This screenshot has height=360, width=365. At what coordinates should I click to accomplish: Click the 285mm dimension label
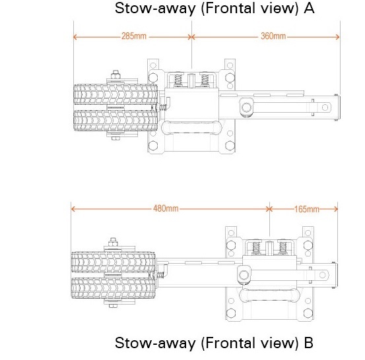click(134, 36)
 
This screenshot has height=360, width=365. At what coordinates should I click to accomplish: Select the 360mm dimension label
click(273, 36)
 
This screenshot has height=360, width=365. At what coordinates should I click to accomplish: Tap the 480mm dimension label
click(166, 208)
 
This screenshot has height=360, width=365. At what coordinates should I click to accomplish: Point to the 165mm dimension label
click(307, 209)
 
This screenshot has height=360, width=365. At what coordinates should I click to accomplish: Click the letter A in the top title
click(309, 9)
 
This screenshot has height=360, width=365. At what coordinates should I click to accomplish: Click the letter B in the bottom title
click(309, 343)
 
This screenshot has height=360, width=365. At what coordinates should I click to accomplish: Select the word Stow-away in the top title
click(155, 9)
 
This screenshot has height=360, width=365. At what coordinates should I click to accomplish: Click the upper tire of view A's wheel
click(116, 94)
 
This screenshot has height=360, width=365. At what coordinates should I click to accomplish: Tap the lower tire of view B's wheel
click(113, 288)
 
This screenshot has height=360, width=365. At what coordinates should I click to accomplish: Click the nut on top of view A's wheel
click(116, 75)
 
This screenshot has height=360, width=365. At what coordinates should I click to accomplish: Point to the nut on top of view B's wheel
click(113, 243)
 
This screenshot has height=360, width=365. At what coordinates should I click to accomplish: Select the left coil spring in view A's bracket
click(178, 80)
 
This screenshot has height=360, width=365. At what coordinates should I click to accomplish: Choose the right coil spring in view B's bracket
click(283, 247)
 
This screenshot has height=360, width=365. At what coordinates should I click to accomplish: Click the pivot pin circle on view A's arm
click(246, 107)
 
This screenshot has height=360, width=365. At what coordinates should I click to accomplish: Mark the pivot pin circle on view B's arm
click(244, 275)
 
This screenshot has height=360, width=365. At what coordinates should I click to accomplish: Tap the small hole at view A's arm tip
click(325, 107)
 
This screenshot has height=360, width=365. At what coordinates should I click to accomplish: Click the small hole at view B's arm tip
click(322, 275)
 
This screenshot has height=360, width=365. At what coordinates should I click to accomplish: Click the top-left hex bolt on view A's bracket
click(153, 76)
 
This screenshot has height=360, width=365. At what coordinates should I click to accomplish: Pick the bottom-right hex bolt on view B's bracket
click(308, 313)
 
